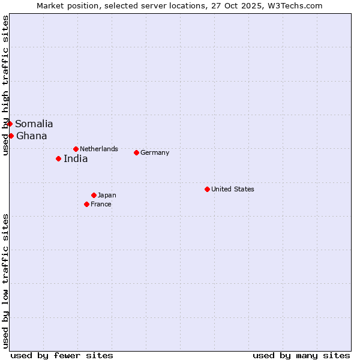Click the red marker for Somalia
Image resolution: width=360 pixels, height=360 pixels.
10,124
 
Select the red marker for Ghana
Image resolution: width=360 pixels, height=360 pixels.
11,136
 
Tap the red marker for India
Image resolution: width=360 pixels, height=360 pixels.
58,158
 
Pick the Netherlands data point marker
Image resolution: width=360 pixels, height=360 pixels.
76,149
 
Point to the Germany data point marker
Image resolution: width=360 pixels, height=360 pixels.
136,152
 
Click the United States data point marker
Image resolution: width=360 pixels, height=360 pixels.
207,189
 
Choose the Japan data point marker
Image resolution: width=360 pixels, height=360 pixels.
94,195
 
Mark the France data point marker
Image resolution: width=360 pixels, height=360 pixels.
86,204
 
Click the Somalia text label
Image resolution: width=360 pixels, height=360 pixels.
34,124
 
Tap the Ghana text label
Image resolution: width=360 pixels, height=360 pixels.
32,136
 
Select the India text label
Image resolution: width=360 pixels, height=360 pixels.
76,159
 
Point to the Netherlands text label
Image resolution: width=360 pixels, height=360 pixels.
99,149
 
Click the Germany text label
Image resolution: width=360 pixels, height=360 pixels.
155,152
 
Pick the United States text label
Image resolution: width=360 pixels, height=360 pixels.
233,189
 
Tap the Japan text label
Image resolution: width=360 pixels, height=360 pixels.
107,195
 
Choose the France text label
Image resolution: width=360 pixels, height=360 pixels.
101,204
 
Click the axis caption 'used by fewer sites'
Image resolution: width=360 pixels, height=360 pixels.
62,355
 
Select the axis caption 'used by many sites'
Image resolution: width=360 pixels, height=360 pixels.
301,355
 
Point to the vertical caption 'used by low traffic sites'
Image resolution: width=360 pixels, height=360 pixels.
5,280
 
